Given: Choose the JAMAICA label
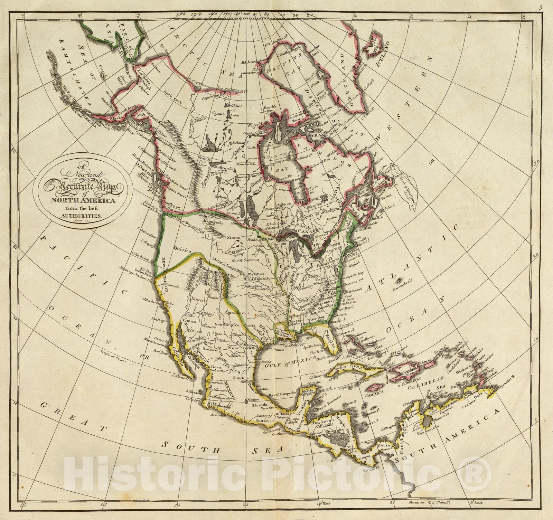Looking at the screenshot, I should coord(376,393).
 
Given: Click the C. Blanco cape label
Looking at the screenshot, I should coord(331,461).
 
